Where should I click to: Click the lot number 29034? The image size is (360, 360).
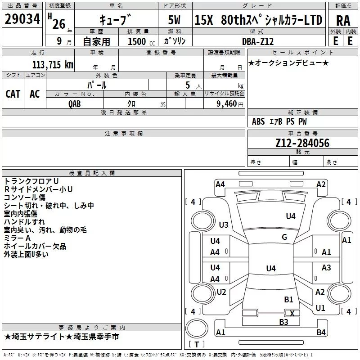point(22,19)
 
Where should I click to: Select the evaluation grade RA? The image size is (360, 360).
point(343,21)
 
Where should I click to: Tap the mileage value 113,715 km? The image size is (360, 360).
point(53,64)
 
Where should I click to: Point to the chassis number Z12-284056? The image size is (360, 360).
point(302,143)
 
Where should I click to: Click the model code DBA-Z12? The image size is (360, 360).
point(258,41)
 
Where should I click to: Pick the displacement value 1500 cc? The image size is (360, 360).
point(141,41)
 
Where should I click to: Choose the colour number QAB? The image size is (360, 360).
point(74,104)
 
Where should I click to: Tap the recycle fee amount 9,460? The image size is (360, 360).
point(227,103)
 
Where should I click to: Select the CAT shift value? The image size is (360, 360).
point(13,94)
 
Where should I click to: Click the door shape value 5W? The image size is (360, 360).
point(174,20)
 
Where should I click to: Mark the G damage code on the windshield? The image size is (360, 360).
point(284,237)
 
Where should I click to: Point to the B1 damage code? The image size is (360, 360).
point(288,299)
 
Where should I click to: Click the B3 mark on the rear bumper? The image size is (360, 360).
point(283,322)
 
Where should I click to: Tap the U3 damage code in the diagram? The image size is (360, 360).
point(224,225)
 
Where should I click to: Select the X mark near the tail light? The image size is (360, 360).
point(292,313)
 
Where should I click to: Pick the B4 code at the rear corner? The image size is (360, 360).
point(321,332)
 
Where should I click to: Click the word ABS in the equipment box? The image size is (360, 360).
point(258,121)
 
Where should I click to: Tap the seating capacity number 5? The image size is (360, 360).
point(188,85)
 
